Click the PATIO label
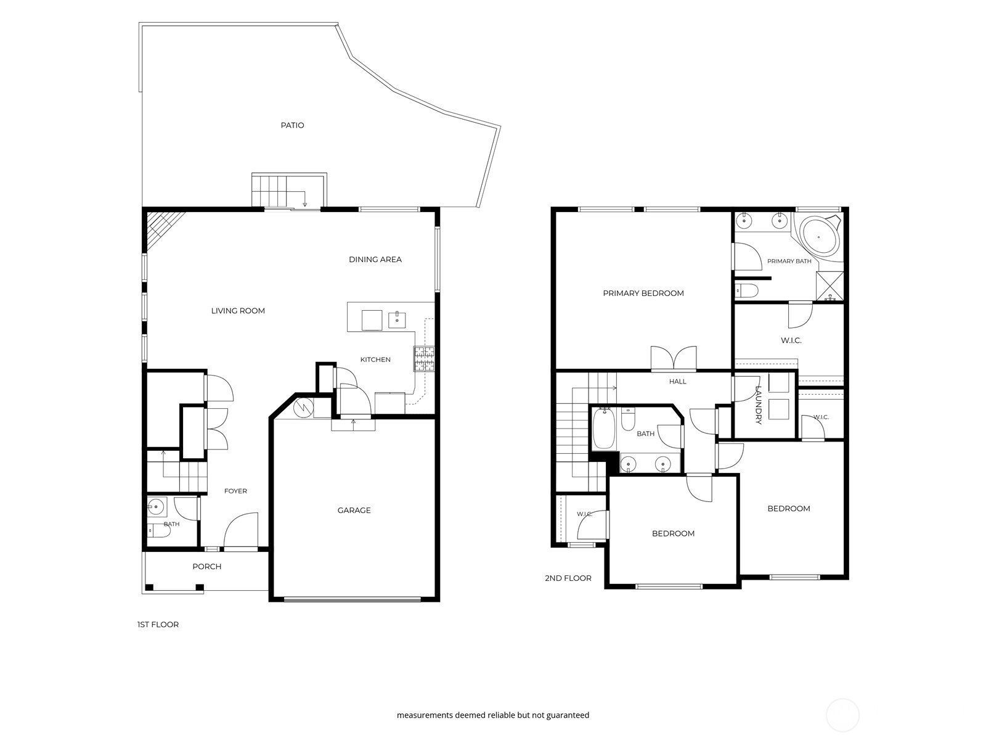tap(293, 125)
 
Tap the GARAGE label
tap(354, 511)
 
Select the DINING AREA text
tap(375, 260)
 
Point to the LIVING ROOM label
tap(238, 311)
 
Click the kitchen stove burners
tap(424, 359)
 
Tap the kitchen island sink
tap(397, 320)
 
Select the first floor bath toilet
tap(160, 531)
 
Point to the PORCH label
tap(207, 567)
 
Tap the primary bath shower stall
tap(829, 286)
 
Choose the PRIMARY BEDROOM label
tap(643, 294)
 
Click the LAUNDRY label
tap(759, 405)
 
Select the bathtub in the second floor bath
tap(604, 429)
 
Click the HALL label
tap(678, 382)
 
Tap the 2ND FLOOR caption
tap(568, 578)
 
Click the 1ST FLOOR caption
tap(158, 625)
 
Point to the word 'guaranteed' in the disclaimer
tap(568, 715)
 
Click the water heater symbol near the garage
tap(303, 408)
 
